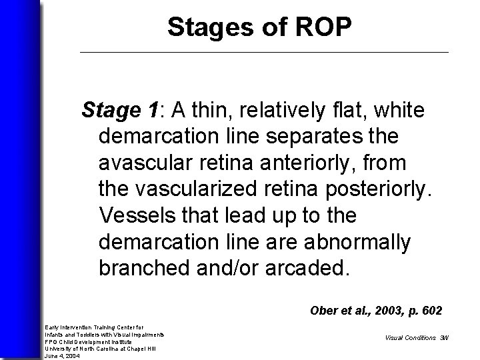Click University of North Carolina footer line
click(x=100, y=349)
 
